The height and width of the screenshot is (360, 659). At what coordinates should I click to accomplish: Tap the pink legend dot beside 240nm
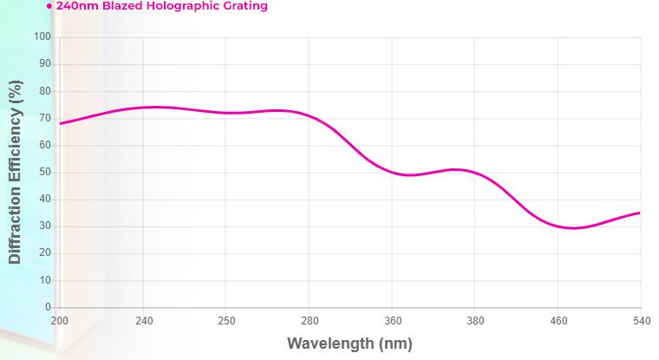[49, 6]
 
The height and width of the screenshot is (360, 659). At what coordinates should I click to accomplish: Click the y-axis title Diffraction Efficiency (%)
[15, 173]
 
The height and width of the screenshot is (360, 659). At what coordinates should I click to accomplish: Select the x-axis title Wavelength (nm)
[349, 343]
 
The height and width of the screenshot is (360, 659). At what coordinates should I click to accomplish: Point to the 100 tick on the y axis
[42, 37]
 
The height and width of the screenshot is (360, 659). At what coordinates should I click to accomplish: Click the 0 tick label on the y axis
[49, 308]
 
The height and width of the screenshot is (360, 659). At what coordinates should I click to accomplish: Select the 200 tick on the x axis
[59, 320]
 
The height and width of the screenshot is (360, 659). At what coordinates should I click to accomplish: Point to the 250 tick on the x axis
[225, 320]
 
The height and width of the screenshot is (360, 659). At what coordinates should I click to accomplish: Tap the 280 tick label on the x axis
[309, 320]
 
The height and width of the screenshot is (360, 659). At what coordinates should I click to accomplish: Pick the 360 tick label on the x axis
[392, 320]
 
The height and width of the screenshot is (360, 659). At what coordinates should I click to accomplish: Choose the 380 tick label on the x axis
[475, 320]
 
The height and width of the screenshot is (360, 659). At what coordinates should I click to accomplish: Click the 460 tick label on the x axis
[558, 320]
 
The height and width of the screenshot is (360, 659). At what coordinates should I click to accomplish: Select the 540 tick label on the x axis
[641, 320]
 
